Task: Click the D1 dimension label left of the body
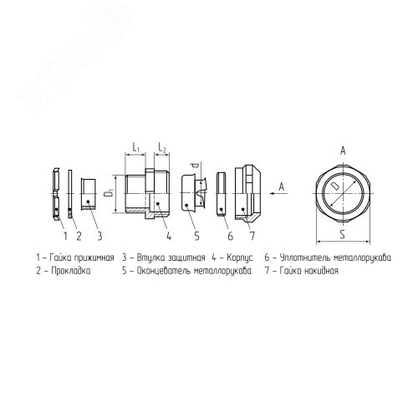click(x=109, y=193)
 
